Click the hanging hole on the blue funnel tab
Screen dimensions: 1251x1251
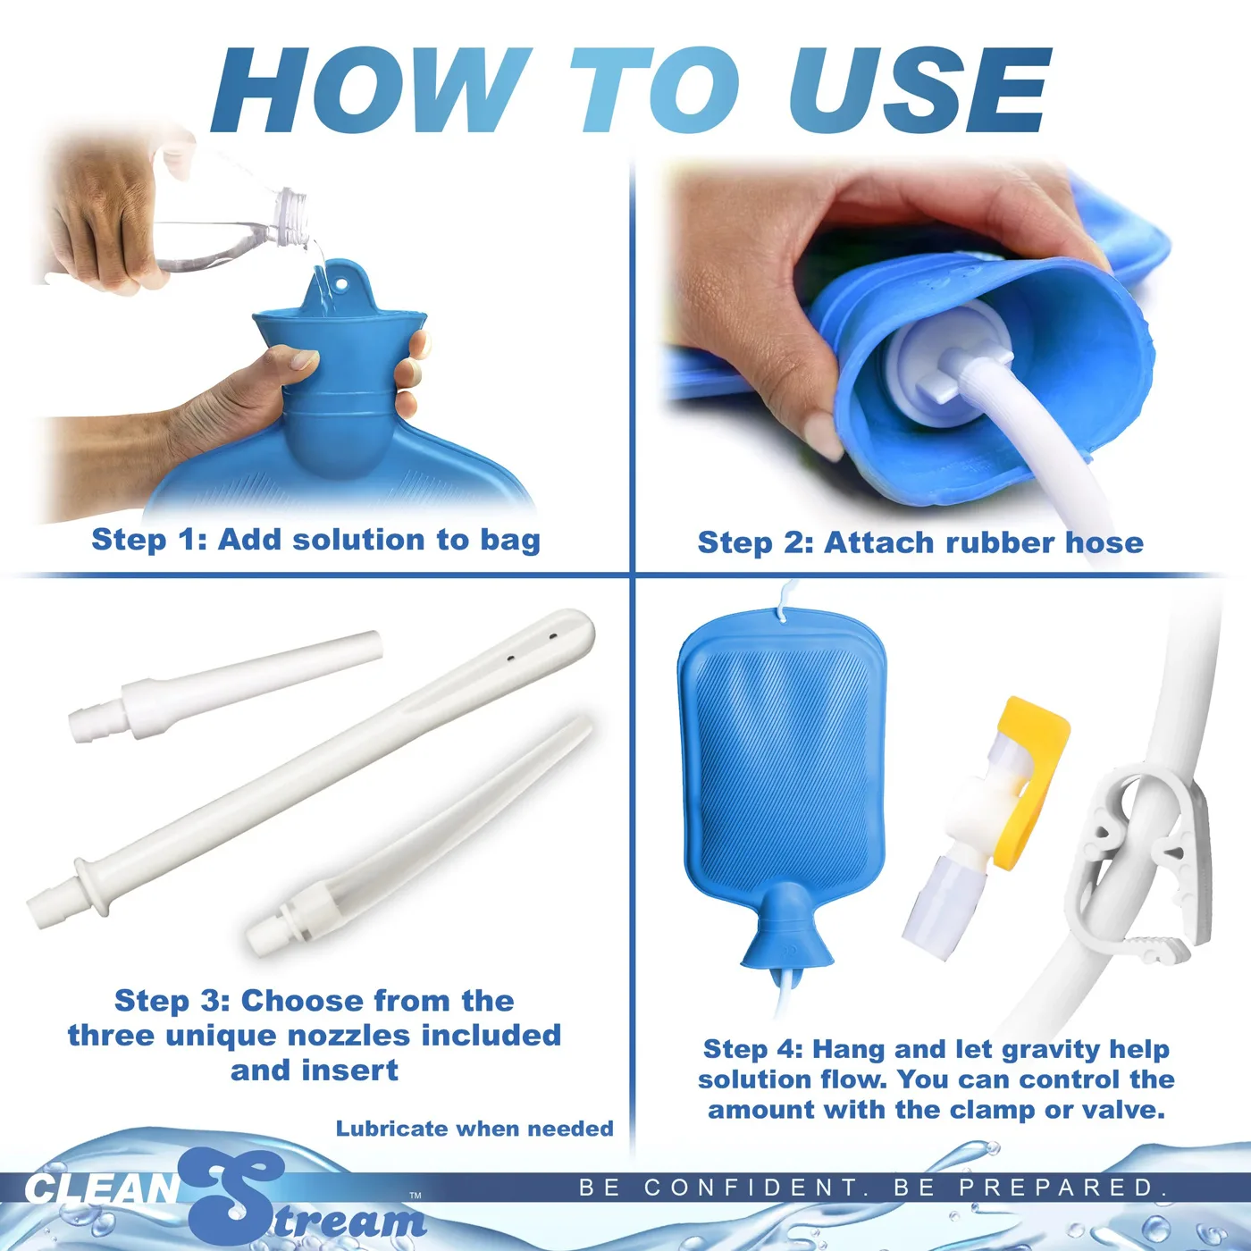(340, 285)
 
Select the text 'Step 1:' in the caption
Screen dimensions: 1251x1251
(148, 540)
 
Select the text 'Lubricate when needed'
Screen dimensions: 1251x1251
(474, 1129)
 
